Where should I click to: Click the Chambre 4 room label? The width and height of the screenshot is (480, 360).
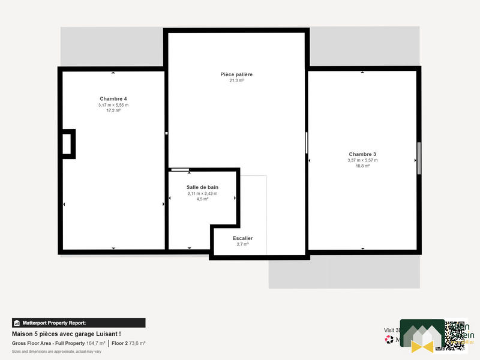coord(113,98)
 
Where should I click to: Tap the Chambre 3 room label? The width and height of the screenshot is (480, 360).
coord(362,154)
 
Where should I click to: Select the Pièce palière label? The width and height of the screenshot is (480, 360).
coord(236,74)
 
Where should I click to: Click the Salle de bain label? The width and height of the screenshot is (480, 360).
coord(202,187)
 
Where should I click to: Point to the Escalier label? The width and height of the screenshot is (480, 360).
coord(242,238)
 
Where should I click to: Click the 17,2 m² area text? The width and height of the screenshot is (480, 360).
coord(113,110)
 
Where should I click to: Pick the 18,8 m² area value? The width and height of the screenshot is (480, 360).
coord(362,166)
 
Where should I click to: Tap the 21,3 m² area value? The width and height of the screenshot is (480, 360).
coord(236,80)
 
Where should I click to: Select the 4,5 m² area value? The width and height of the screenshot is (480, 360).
coord(202,199)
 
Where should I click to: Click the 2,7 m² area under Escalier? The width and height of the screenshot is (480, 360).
coord(242,244)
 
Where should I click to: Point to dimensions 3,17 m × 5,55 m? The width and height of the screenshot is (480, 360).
coord(113,105)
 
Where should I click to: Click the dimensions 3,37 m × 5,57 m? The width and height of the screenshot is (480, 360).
coord(362,160)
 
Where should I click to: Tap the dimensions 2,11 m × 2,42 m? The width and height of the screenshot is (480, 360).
coord(202,193)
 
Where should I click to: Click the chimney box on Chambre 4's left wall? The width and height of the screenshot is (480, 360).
coord(67,144)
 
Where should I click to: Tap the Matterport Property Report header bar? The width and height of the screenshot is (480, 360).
coord(79,323)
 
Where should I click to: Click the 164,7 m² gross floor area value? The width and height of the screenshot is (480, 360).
coord(95,343)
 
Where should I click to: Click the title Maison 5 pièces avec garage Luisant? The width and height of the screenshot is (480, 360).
coord(66,334)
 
